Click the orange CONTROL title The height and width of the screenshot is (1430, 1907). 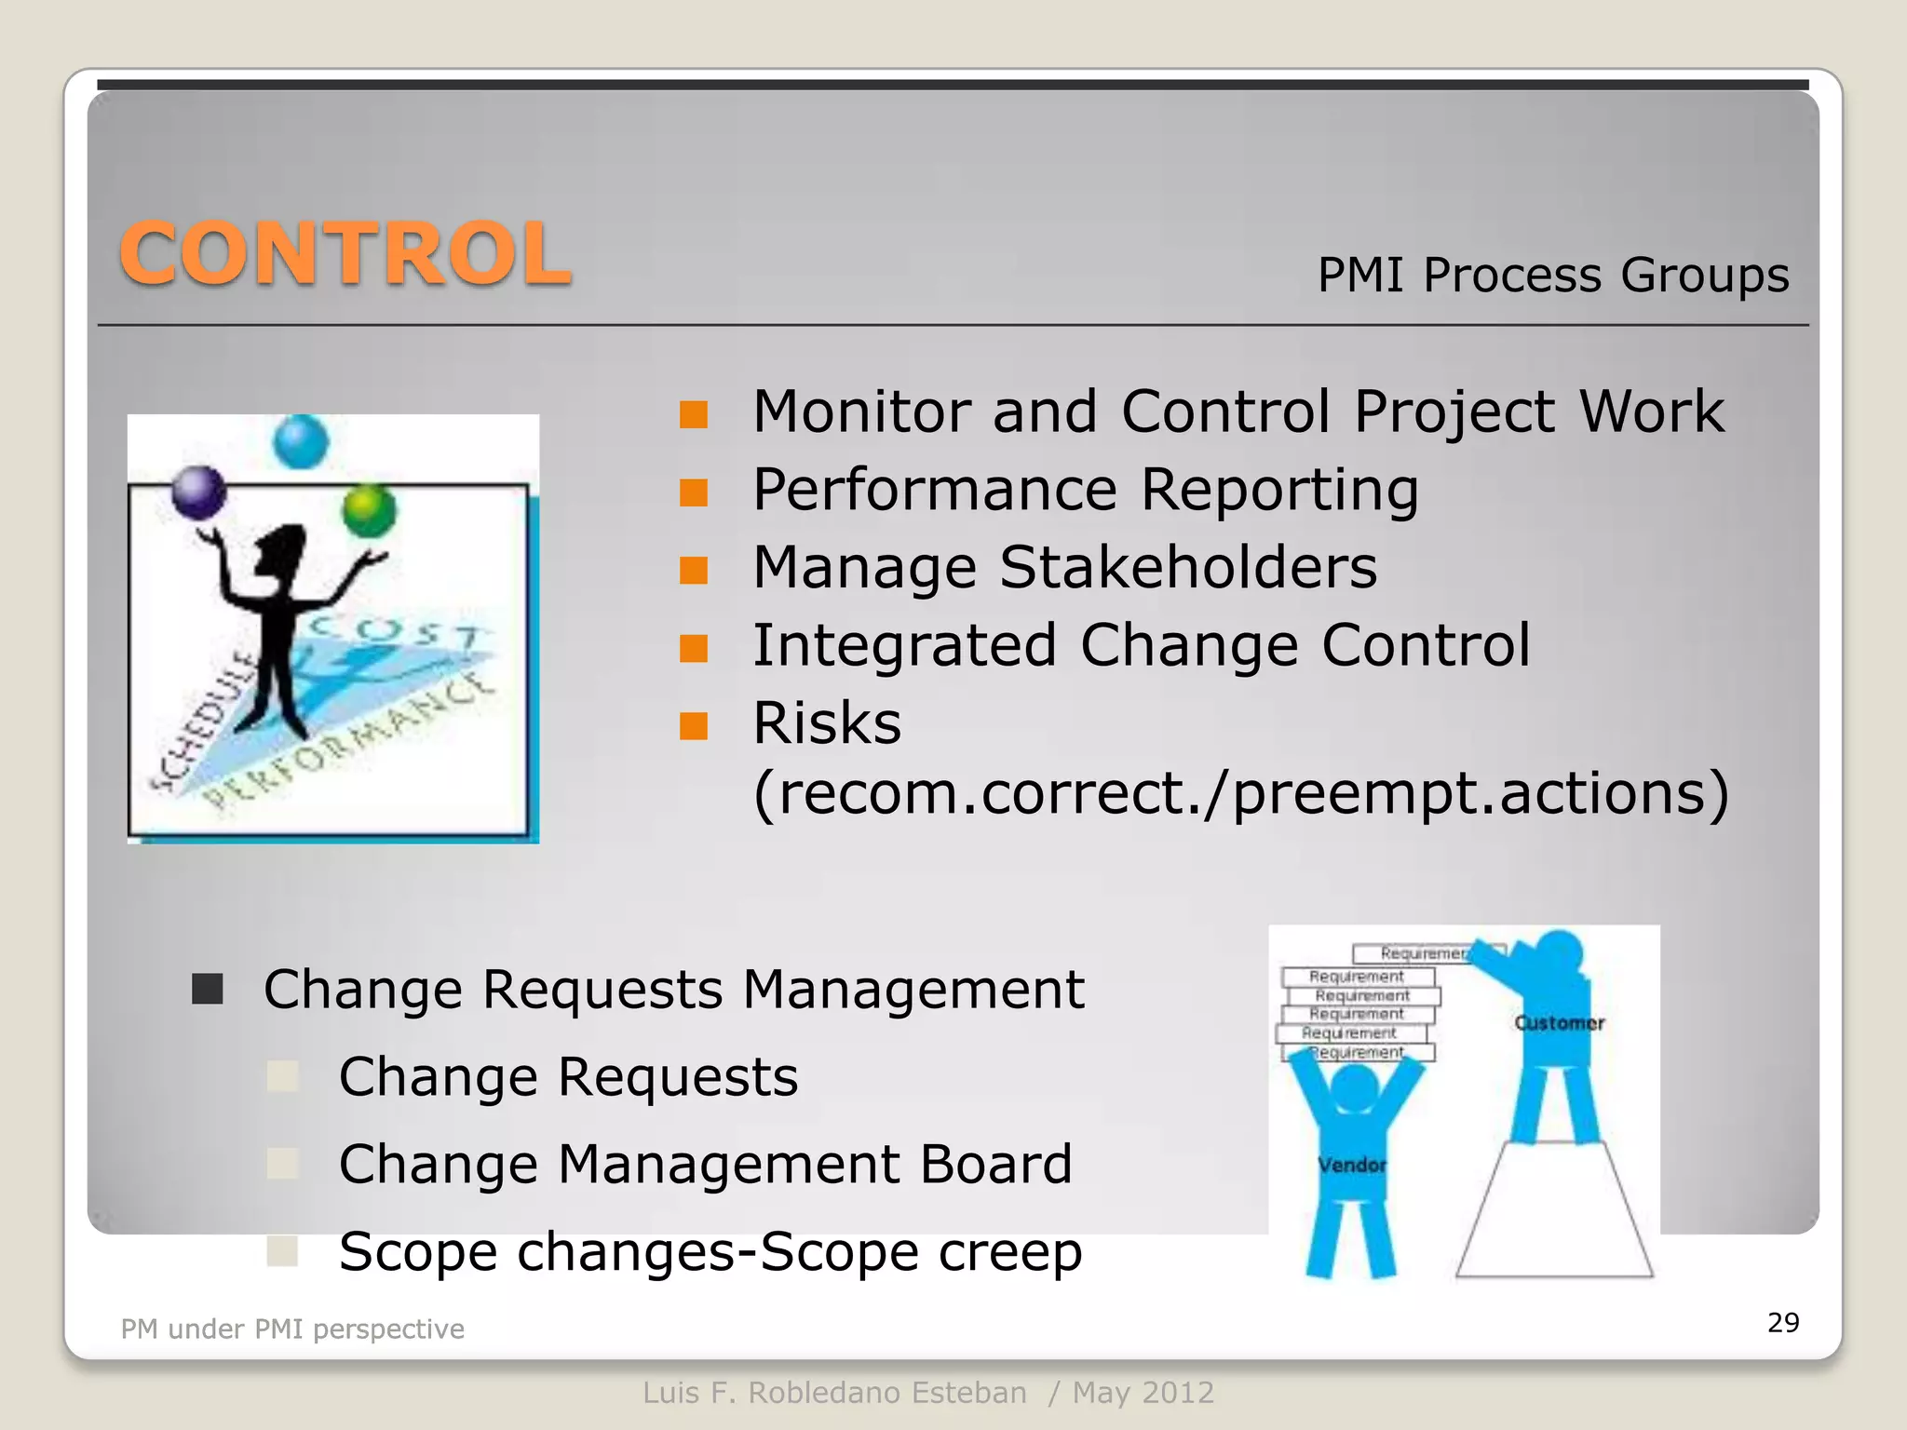(345, 254)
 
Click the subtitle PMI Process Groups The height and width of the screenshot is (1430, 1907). (1552, 276)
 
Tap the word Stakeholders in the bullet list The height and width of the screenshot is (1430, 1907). (1187, 567)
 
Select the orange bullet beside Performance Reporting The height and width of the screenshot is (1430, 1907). (694, 492)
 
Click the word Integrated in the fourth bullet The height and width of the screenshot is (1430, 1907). (904, 645)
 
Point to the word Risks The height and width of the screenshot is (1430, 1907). (827, 723)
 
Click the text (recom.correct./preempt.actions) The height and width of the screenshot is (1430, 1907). (1240, 793)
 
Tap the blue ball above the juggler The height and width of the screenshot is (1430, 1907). (301, 441)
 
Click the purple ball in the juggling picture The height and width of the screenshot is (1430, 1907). (199, 492)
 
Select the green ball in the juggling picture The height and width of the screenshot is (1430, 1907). (369, 509)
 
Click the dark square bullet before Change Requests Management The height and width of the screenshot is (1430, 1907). (208, 989)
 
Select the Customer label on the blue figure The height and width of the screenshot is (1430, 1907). (1559, 1023)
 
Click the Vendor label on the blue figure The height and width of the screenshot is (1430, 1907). (1351, 1165)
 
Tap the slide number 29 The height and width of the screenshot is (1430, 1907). (1782, 1322)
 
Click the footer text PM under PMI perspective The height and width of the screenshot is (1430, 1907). (292, 1329)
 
